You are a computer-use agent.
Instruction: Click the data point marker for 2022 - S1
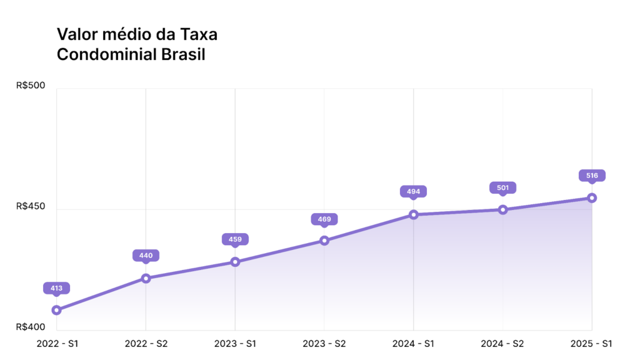(56, 310)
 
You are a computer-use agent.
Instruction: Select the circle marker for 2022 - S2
(146, 278)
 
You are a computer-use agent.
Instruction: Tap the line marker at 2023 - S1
(235, 262)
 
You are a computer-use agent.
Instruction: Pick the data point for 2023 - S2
(324, 240)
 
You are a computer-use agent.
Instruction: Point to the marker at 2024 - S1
(414, 214)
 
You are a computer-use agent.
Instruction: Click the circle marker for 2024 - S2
(502, 209)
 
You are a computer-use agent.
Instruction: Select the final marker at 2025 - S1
(592, 198)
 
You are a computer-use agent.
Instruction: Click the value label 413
(56, 288)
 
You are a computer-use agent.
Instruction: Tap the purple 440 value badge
(146, 255)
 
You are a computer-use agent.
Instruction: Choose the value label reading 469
(324, 219)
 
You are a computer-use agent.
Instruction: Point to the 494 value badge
(414, 191)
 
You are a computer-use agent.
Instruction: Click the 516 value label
(592, 176)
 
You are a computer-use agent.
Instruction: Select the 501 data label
(502, 187)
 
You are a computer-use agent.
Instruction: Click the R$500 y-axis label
(31, 85)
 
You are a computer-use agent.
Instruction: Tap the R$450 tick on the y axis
(31, 206)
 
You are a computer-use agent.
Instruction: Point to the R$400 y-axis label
(31, 327)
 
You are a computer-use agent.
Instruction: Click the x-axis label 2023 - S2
(324, 344)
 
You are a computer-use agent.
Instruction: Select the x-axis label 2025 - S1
(591, 344)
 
